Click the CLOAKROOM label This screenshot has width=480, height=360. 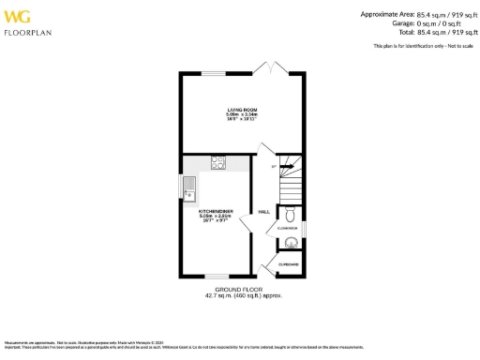pos(287,228)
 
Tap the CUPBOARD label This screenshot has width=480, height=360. pos(288,264)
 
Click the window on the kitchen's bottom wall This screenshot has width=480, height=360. pos(215,277)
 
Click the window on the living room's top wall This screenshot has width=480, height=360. pos(215,73)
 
